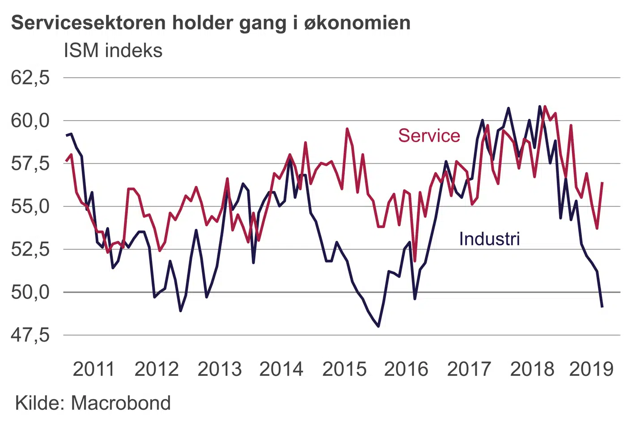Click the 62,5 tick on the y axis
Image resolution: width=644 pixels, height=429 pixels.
pos(30,78)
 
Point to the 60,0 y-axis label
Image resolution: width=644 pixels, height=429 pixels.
pos(30,121)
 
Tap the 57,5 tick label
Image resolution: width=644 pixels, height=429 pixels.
pos(30,164)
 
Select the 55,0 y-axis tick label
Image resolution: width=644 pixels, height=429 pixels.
pos(30,206)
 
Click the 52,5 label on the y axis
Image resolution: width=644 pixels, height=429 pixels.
pos(30,249)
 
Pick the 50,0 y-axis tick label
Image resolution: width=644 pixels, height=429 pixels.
pos(30,292)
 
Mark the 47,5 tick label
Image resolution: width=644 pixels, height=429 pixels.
pos(30,335)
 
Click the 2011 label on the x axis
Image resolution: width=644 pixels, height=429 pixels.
pos(94,370)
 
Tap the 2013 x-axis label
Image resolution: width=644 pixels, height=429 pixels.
pos(220,370)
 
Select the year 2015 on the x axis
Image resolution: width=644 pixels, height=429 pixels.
pos(344,370)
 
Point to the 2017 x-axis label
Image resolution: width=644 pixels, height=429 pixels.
pos(469,370)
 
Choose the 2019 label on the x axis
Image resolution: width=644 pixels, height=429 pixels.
pos(591,370)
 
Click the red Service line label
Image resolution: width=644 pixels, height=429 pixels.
pos(429,136)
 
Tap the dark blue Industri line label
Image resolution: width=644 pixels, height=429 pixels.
pos(489,239)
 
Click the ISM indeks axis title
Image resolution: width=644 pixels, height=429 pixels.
pos(113,51)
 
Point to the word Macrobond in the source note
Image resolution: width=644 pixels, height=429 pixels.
pos(121,403)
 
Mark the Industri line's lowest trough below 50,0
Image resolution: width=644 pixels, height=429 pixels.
pos(378,327)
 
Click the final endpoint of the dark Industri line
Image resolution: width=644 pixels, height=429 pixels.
pos(602,307)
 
